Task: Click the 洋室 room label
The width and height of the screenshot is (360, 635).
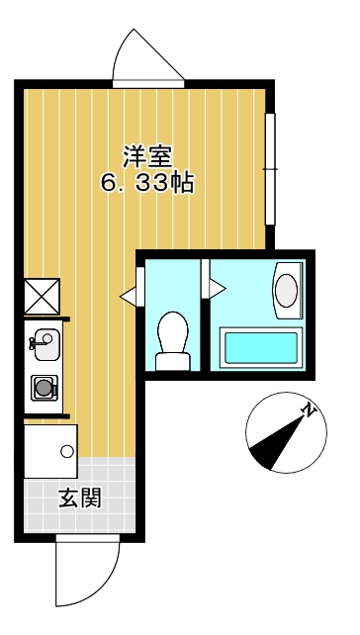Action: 147,155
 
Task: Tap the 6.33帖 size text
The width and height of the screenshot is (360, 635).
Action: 146,183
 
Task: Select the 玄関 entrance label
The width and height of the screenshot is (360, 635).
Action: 79,498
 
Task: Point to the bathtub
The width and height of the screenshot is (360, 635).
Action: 261,348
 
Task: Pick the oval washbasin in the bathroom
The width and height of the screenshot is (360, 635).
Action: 286,291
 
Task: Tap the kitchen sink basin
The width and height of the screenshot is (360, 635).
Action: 45,343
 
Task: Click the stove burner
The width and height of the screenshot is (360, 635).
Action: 44,389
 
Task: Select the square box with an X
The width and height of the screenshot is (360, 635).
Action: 44,297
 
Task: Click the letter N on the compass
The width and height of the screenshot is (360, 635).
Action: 310,409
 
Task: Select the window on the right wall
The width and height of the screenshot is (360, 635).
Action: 269,169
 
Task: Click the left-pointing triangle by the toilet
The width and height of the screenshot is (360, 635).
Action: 129,295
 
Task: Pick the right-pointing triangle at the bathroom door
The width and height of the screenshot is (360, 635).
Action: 217,289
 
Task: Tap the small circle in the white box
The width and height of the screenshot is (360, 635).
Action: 66,452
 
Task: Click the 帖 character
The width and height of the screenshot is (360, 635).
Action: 180,183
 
